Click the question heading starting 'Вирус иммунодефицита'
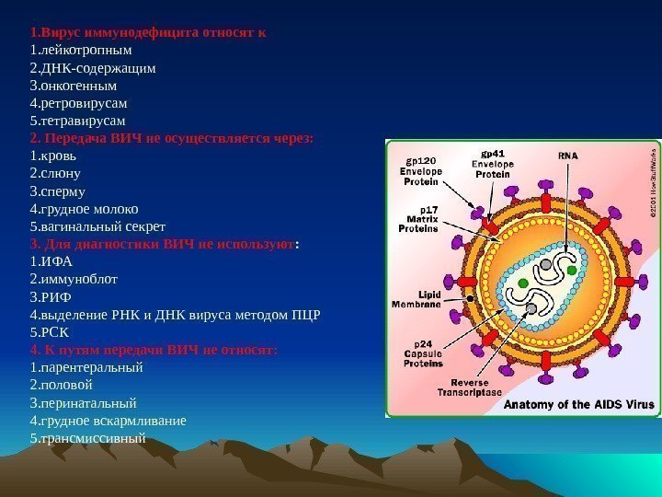click(x=147, y=32)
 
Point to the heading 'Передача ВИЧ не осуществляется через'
click(x=171, y=138)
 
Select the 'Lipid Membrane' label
click(x=416, y=298)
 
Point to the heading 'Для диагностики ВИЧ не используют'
click(x=165, y=244)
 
